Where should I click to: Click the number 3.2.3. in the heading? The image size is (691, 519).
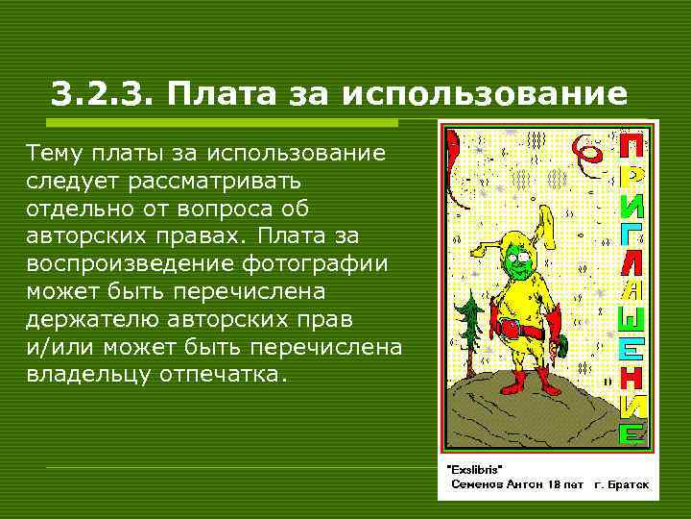[x=103, y=94]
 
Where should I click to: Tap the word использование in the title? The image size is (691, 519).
[x=485, y=94]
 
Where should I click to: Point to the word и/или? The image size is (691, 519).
[x=54, y=345]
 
